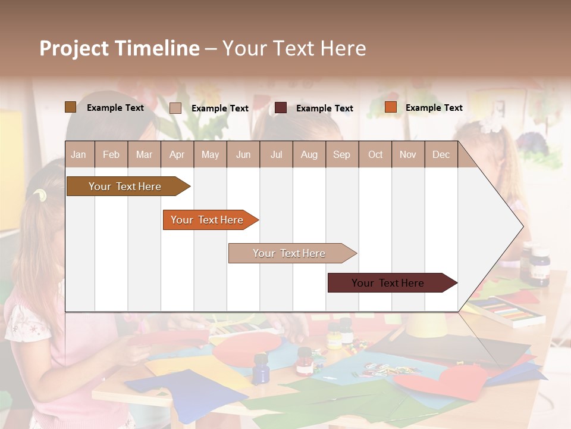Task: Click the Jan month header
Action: coord(79,154)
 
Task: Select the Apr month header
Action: coord(177,154)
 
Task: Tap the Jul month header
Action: coord(276,154)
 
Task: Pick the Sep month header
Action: coord(341,154)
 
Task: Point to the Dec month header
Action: coord(441,154)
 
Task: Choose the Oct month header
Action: coord(375,154)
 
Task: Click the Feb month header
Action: coord(111,154)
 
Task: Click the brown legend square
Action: coord(71,107)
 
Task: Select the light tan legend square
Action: coord(175,108)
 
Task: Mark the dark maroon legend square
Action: coord(281,108)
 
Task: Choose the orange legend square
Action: coord(390,107)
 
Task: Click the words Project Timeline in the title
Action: coord(120,48)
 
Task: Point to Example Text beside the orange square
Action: coord(434,108)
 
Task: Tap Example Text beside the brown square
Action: coord(115,108)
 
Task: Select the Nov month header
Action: coord(408,154)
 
